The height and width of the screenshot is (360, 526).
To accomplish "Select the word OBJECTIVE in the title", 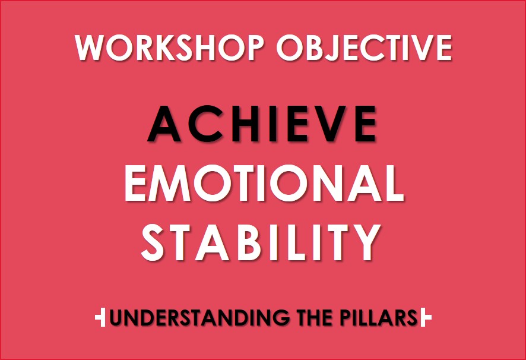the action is point(364,48).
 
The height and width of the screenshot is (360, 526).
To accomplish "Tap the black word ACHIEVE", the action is point(262,124).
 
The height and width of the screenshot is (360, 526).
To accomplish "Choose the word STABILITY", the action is point(261,242).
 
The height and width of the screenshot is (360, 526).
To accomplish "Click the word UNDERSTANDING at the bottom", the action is point(199,317).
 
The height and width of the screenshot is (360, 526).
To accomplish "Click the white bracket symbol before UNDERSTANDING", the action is point(100,317).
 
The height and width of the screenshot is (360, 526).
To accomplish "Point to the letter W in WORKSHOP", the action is point(90,48).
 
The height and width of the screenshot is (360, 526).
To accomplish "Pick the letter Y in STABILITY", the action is point(364,242).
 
